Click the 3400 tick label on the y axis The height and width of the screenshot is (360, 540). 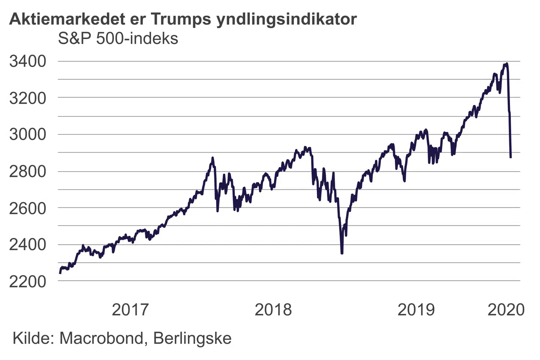pos(28,61)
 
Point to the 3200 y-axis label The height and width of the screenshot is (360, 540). pos(28,98)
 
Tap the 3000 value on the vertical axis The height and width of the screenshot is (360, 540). pos(28,134)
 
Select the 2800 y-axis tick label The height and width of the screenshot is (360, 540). pos(28,171)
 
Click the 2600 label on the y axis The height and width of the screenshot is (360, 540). pos(28,208)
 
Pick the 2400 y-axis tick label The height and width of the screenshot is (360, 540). pos(28,244)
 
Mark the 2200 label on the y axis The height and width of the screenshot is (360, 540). pos(28,281)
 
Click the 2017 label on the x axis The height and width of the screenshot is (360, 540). pos(130,310)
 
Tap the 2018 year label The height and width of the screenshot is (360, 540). pos(273,310)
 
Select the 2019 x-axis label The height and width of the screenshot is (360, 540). pos(416,310)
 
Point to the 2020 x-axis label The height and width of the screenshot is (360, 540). pos(506,310)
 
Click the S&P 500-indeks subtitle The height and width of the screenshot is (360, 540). pos(118,39)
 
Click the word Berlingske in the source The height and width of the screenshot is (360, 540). pos(192,338)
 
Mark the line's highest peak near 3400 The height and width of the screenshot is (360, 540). pos(507,64)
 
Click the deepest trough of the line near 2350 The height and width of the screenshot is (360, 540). pos(342,253)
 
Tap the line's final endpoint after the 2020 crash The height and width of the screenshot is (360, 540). pos(510,157)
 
